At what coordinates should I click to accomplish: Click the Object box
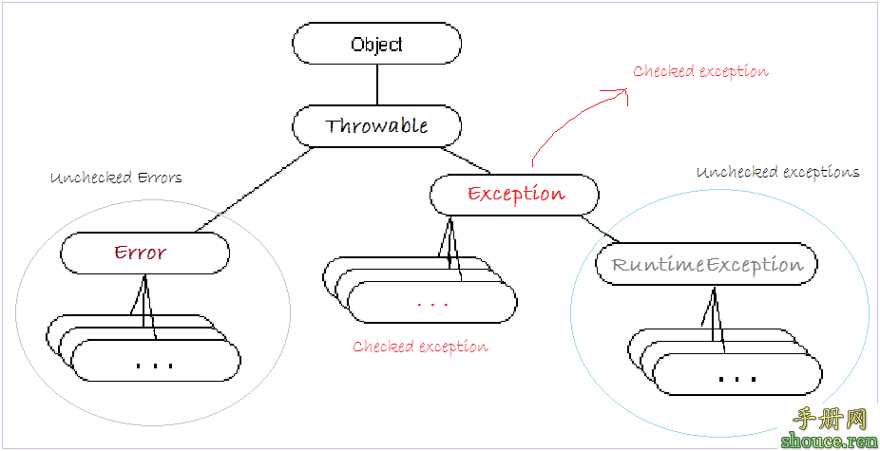(376, 44)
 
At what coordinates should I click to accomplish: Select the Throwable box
(376, 126)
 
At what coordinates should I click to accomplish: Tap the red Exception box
(514, 195)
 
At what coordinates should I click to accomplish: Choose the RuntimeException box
(707, 264)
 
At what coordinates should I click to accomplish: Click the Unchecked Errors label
(116, 178)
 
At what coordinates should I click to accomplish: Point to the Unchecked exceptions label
(777, 172)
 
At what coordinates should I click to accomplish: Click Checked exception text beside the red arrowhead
(700, 71)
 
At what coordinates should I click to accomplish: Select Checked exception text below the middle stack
(420, 347)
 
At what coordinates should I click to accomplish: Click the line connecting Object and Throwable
(376, 85)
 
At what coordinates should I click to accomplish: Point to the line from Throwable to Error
(252, 190)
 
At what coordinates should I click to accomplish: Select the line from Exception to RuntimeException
(604, 229)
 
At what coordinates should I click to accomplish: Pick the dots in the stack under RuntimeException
(737, 378)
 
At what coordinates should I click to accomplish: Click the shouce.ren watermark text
(828, 441)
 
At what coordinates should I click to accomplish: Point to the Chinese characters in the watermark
(828, 418)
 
